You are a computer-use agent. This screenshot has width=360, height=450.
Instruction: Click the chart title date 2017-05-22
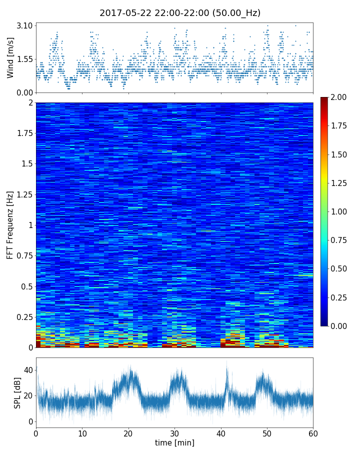point(123,13)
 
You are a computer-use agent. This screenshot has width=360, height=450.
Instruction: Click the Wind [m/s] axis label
point(10,57)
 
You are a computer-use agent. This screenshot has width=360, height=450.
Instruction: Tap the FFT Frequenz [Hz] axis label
point(10,224)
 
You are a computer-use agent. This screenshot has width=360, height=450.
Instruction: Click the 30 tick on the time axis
point(174,433)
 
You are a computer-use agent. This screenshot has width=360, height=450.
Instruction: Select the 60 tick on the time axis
point(313,433)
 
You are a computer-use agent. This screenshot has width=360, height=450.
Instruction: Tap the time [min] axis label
point(174,442)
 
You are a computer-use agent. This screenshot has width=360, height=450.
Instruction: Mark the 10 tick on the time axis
point(82,433)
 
